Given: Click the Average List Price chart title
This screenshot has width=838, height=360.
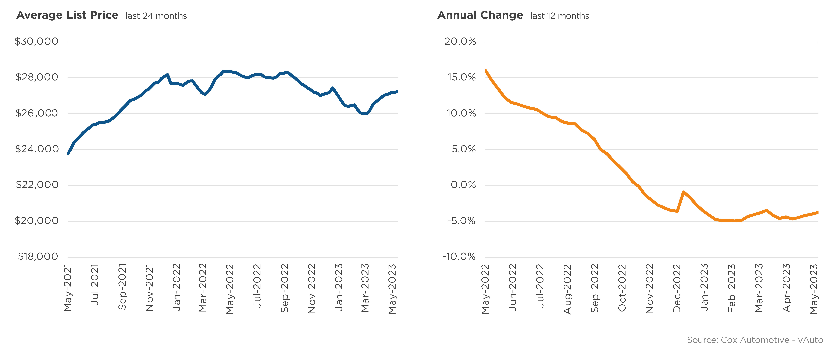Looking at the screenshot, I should click(x=67, y=15).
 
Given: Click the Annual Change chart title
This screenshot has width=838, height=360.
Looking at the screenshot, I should click(x=480, y=15).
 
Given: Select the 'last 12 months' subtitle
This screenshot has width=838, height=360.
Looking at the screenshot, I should click(x=559, y=16).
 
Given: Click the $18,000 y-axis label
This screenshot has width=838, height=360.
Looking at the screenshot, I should click(x=38, y=257).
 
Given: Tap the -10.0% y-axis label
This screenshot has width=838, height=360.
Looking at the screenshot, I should click(x=459, y=257).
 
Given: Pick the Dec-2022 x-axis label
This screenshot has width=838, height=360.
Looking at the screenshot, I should click(x=677, y=288).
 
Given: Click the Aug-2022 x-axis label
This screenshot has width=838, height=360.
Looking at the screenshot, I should click(x=568, y=289).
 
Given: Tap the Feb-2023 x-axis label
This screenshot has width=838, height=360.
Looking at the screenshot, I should click(x=732, y=288).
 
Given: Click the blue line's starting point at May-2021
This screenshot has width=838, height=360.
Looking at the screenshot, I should click(x=68, y=154).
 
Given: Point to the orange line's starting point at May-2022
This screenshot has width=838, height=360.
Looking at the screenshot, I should click(x=486, y=71).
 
